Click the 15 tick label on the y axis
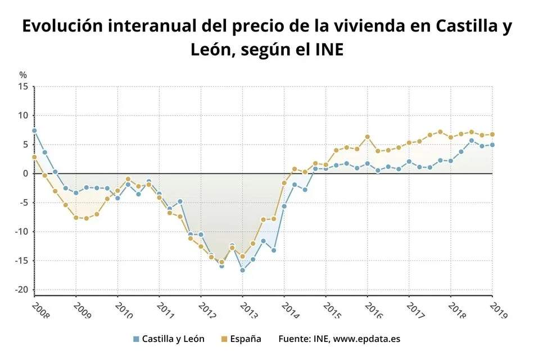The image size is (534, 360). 22,87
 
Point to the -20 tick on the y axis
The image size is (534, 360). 21,290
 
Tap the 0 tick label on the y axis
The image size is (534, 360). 25,174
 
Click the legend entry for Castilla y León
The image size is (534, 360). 169,339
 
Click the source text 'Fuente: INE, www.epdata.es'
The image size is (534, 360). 339,339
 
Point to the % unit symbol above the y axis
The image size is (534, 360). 23,75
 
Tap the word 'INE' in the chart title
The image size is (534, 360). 326,51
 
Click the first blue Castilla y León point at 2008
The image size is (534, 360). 34,130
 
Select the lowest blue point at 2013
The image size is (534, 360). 242,270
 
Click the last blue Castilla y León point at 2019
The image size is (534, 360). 492,145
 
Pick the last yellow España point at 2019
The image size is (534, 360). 492,134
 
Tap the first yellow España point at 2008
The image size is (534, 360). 34,157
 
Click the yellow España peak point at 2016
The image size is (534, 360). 368,137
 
